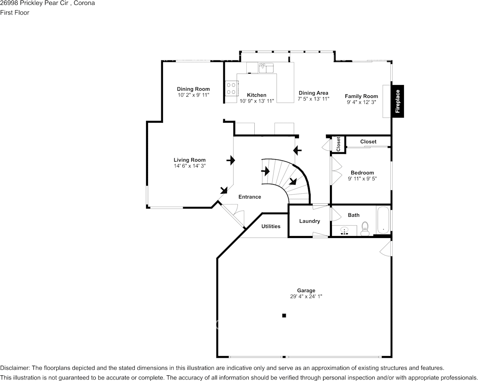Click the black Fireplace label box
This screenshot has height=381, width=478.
398,101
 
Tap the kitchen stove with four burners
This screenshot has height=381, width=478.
231,88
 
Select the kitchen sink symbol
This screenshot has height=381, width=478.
266,67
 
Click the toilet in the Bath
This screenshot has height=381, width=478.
365,229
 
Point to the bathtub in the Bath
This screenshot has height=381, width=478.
383,220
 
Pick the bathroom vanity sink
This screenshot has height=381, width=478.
344,231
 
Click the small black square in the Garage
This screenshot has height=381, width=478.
284,315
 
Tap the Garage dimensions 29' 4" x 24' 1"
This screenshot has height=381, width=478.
306,296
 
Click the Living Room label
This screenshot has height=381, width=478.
190,160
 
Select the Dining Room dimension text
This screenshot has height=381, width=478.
194,95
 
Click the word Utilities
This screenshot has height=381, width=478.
271,226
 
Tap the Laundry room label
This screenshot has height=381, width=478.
309,221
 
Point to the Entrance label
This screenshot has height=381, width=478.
249,197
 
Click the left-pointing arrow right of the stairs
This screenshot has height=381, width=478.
297,151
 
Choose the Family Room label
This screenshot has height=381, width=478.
361,96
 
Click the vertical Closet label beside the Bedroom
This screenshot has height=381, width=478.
338,144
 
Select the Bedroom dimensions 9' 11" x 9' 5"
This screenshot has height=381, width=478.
362,178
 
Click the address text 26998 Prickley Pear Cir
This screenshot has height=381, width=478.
31,3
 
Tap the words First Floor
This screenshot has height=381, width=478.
15,12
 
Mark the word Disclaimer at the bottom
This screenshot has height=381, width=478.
14,368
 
